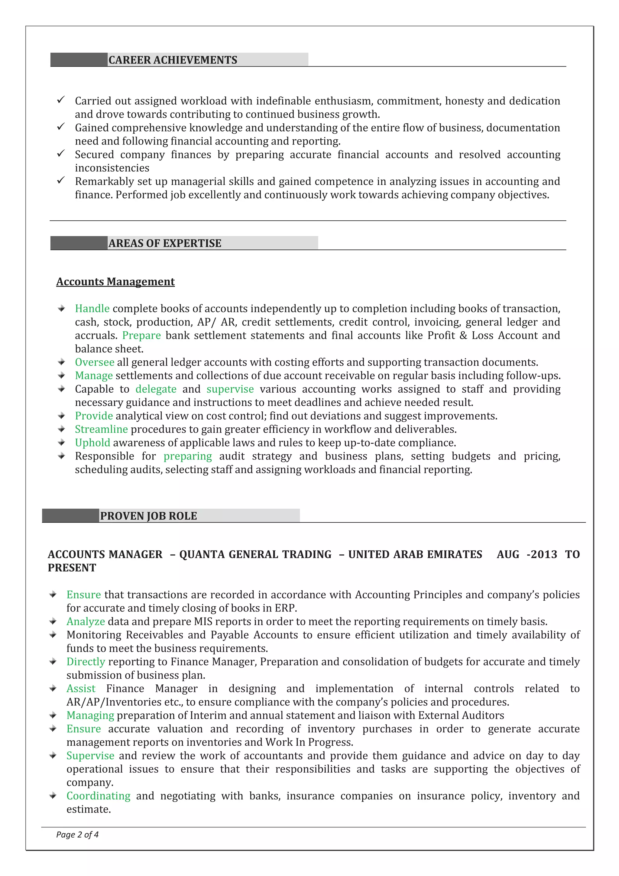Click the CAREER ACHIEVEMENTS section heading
pyautogui.click(x=173, y=60)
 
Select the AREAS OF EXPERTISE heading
pyautogui.click(x=165, y=243)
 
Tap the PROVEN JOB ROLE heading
pyautogui.click(x=148, y=516)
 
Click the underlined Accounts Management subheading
pyautogui.click(x=115, y=282)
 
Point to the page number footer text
pyautogui.click(x=77, y=834)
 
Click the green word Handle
pyautogui.click(x=92, y=308)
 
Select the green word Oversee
pyautogui.click(x=94, y=362)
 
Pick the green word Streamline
pyautogui.click(x=101, y=429)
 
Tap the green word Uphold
pyautogui.click(x=92, y=443)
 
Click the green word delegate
pyautogui.click(x=156, y=389)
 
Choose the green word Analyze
pyautogui.click(x=86, y=621)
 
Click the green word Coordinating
pyautogui.click(x=99, y=796)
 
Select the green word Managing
pyautogui.click(x=90, y=715)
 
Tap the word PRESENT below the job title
pyautogui.click(x=72, y=568)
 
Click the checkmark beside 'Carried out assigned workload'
pyautogui.click(x=61, y=100)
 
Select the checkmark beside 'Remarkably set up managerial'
pyautogui.click(x=61, y=180)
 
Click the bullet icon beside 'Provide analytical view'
pyautogui.click(x=61, y=416)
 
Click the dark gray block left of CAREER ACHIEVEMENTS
pyautogui.click(x=79, y=60)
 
